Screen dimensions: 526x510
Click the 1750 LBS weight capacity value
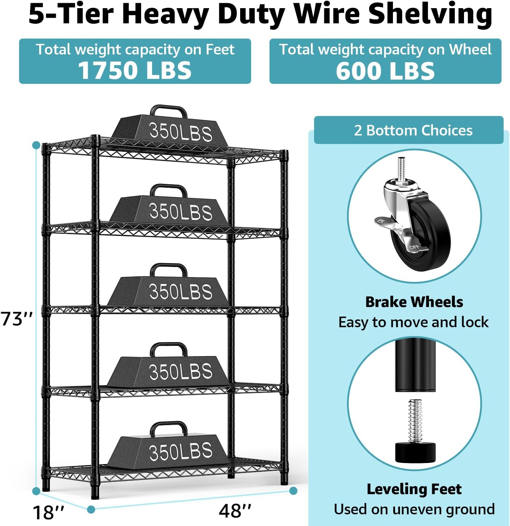[x=135, y=70]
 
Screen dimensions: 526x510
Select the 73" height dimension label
[x=17, y=319]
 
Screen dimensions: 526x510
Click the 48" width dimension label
[x=235, y=511]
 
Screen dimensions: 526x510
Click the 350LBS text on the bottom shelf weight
[x=181, y=452]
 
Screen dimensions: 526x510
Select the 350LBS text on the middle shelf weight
[x=181, y=291]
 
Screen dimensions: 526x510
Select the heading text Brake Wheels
[x=414, y=302]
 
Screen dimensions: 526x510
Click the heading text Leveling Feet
[x=414, y=489]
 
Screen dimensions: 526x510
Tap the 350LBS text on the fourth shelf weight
[x=181, y=371]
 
